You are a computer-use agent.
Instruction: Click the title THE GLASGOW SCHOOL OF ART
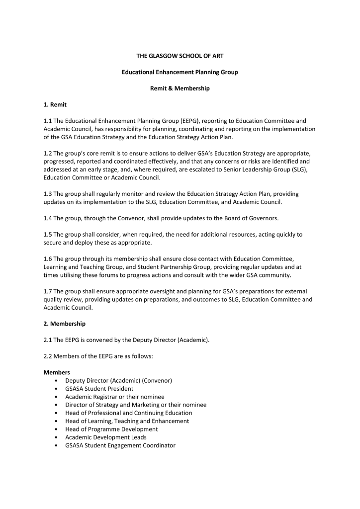coord(180,56)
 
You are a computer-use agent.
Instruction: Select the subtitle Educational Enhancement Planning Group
coord(180,72)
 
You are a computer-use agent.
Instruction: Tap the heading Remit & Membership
coord(180,88)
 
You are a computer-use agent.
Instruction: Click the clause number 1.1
coord(48,121)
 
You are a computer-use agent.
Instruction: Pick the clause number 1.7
coord(48,291)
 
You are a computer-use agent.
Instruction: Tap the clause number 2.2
coord(48,356)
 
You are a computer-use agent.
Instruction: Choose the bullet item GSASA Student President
coord(99,389)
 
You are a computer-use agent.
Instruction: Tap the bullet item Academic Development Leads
coord(106,437)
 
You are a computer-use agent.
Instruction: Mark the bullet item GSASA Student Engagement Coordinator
coord(120,445)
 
